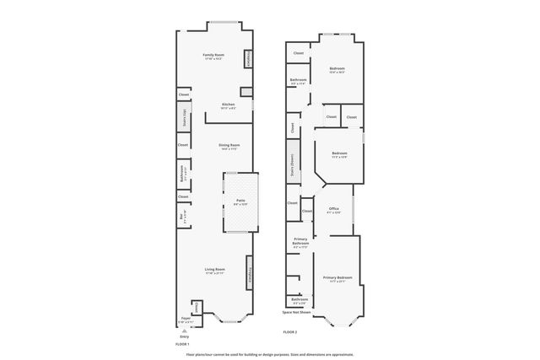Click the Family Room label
213,56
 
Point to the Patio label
240,202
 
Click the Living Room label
214,270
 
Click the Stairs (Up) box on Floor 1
183,118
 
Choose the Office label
333,209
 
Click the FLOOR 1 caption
182,344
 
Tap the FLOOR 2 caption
290,332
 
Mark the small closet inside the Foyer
197,307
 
